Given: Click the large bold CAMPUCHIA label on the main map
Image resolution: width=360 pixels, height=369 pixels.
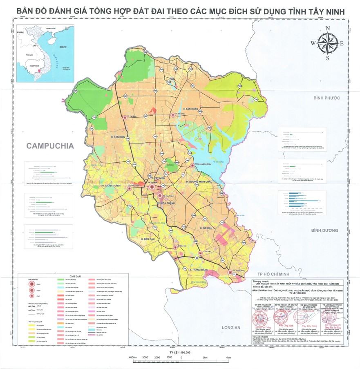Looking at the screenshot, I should [50, 146].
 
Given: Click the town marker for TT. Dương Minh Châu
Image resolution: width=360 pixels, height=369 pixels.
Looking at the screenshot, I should [192, 165].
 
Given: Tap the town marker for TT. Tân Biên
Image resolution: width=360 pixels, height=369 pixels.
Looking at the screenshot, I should [125, 118].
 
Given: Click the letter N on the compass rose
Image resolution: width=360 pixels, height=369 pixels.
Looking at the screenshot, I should [328, 28].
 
